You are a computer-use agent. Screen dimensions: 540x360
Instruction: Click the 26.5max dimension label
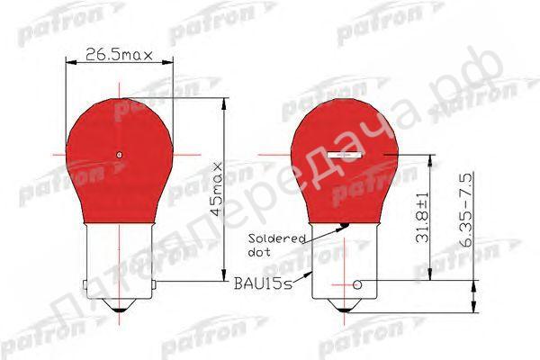pyautogui.click(x=119, y=54)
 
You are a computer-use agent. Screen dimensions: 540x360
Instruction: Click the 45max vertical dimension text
pyautogui.click(x=217, y=189)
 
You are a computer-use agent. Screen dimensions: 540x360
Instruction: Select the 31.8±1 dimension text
pyautogui.click(x=422, y=217)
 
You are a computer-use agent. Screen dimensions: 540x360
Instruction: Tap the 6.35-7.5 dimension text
pyautogui.click(x=466, y=210)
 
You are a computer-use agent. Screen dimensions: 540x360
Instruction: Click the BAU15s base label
pyautogui.click(x=263, y=283)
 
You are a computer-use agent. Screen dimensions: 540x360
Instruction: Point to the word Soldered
pyautogui.click(x=277, y=238)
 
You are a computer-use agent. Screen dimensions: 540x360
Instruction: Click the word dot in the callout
pyautogui.click(x=259, y=252)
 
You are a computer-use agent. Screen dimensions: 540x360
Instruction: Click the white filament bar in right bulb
pyautogui.click(x=346, y=155)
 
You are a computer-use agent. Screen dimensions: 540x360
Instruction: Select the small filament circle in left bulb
pyautogui.click(x=120, y=154)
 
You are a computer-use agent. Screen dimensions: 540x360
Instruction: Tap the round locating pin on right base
pyautogui.click(x=358, y=285)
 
